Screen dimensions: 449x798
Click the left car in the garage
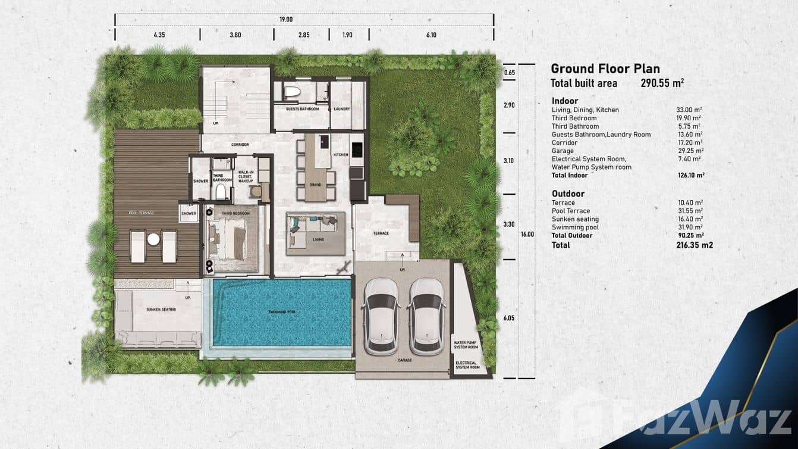382,316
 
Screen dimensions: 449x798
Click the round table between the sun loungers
153,239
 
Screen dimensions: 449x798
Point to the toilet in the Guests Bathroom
291,92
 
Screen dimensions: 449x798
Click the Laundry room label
341,109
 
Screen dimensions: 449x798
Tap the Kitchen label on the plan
340,154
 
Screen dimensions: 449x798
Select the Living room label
318,241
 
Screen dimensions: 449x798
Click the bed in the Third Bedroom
233,236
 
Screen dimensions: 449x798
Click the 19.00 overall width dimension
286,19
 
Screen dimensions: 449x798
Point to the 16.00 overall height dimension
527,234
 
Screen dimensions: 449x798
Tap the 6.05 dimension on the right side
508,318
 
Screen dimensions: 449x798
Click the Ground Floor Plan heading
605,69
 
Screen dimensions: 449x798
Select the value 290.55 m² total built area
662,83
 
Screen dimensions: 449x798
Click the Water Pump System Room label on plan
466,345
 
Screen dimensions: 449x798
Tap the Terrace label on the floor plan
381,233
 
